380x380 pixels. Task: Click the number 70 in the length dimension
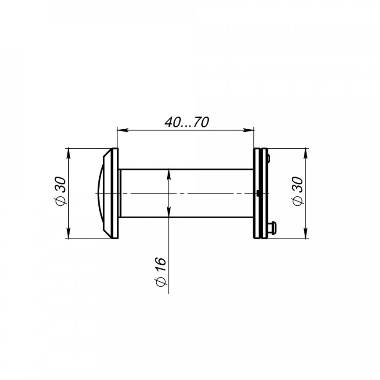coord(200,122)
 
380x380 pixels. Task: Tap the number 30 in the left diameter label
coord(61,185)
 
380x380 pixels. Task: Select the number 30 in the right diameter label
coord(298,185)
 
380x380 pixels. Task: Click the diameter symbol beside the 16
coord(160,282)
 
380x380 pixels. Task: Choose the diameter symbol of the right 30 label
coord(298,201)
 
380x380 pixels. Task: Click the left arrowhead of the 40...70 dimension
coord(123,130)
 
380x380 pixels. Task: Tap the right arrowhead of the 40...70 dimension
coord(249,130)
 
